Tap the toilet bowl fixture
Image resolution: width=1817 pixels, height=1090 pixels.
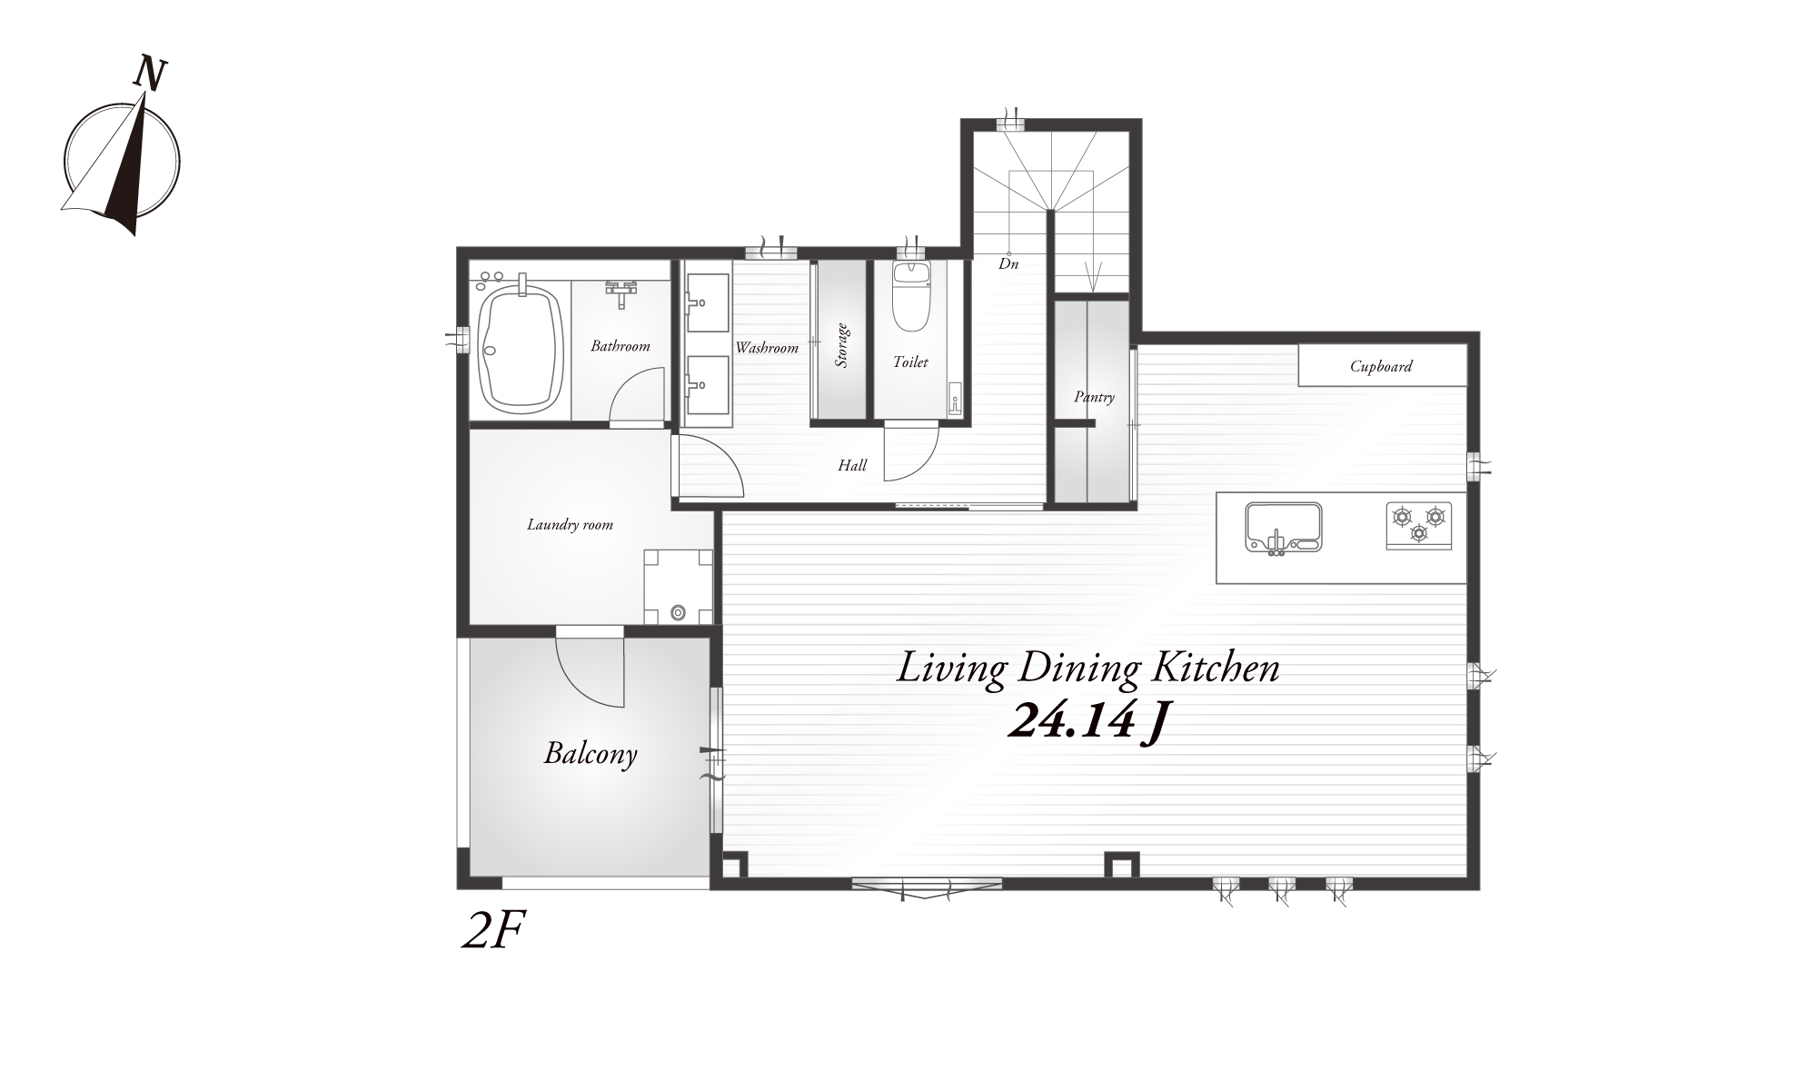pos(911,297)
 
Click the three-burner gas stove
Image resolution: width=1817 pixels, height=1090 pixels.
pos(1419,525)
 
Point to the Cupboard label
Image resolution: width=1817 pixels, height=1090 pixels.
pos(1381,367)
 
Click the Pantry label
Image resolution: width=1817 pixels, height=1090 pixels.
pos(1094,397)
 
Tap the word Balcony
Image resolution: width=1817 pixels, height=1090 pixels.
pos(591,754)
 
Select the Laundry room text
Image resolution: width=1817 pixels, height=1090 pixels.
pos(571,525)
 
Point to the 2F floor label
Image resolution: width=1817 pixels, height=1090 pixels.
pos(494,931)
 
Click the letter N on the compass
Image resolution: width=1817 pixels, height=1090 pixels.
pos(151,74)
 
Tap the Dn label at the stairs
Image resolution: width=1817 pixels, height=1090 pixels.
pos(1008,264)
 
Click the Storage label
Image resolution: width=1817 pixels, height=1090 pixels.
pos(842,345)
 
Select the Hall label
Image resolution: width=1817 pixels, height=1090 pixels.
pos(852,466)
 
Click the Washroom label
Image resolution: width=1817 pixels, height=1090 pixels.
pos(767,348)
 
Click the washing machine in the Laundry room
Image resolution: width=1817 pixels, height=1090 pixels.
pos(678,587)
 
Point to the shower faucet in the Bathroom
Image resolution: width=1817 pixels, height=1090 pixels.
pos(621,291)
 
